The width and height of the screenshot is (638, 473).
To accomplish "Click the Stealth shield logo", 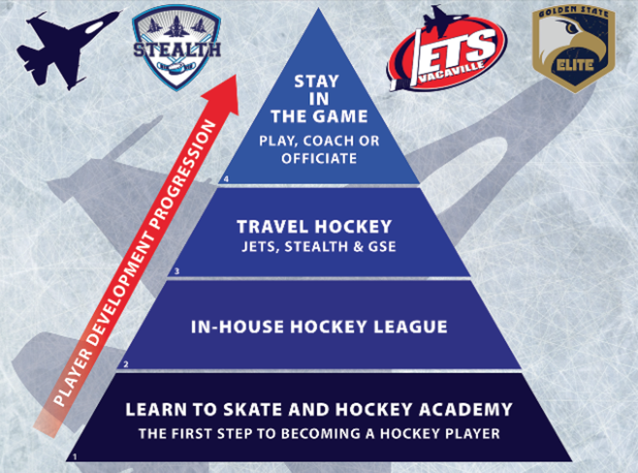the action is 176,48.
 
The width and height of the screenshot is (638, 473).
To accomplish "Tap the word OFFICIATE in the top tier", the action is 319,158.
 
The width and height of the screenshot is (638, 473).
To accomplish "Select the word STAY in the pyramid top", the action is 317,82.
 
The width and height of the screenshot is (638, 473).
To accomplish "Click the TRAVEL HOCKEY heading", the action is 314,227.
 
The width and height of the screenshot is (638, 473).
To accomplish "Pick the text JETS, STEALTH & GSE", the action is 319,247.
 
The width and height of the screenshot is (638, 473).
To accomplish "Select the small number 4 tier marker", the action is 226,179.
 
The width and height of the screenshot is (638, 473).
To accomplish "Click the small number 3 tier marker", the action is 176,271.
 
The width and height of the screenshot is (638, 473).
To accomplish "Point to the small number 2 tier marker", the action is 126,365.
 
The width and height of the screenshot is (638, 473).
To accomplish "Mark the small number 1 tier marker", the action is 75,457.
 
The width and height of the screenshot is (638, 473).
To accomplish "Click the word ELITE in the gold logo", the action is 575,65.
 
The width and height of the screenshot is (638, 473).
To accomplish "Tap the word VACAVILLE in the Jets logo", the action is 452,72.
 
